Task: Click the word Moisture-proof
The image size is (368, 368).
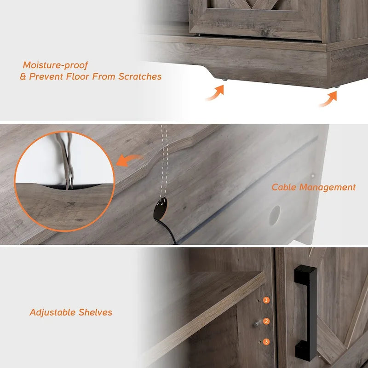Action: coord(55,65)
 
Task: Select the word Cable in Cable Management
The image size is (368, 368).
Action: coord(284,187)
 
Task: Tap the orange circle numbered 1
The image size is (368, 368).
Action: coord(266,300)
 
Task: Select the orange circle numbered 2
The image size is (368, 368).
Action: coord(266,322)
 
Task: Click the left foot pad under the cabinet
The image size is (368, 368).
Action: coord(224,80)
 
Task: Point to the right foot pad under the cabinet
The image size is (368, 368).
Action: coord(337,86)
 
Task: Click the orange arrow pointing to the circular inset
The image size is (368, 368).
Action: coord(128,160)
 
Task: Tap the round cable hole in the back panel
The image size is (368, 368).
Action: coord(275,215)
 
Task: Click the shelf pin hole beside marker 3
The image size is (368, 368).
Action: coord(259,341)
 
